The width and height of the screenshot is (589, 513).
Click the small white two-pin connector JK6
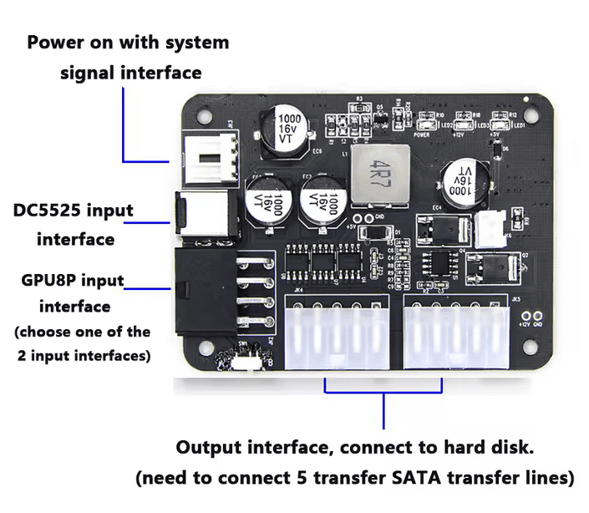coord(488,225)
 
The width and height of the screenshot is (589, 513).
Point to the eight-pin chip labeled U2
coord(439,264)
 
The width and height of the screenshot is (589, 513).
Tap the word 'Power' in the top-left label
coord(53,42)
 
